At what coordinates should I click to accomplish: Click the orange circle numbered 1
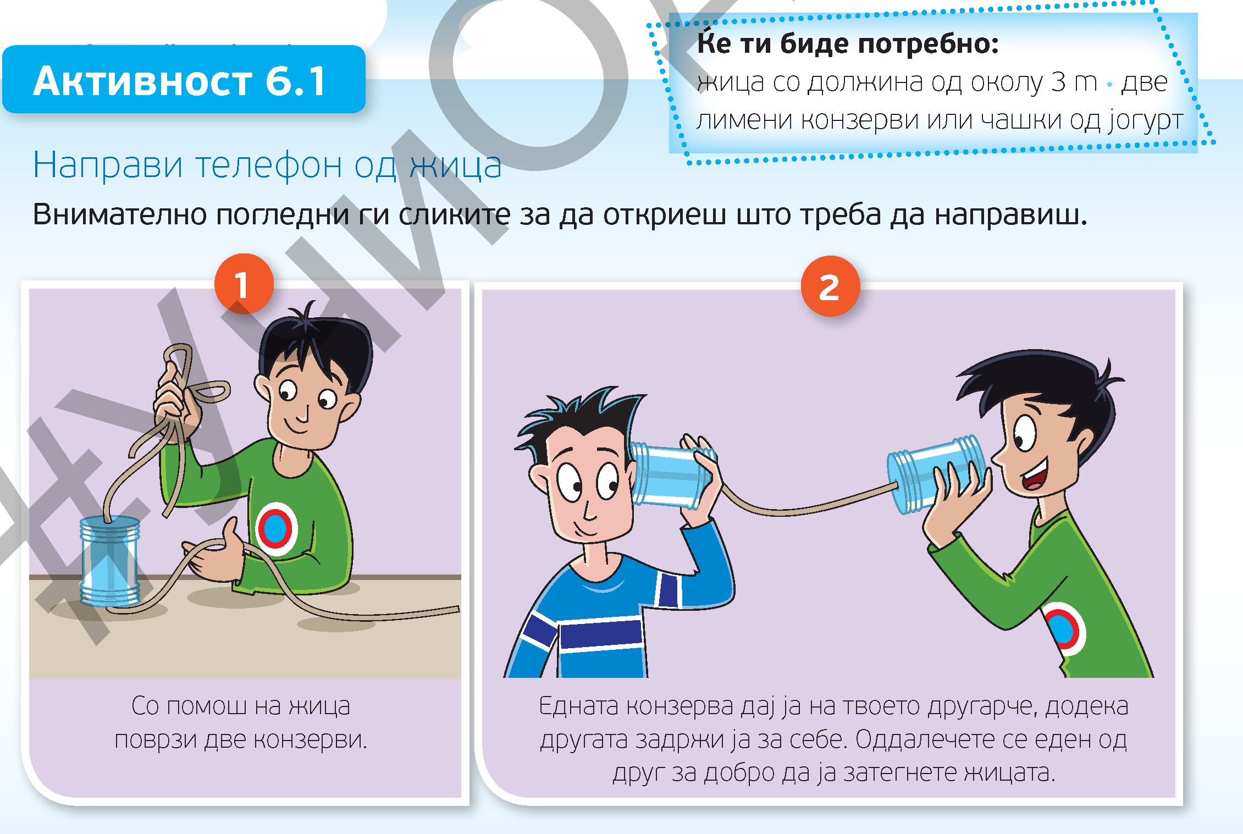[244, 284]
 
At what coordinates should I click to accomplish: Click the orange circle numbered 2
[830, 286]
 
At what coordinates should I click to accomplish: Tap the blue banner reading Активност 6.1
[184, 80]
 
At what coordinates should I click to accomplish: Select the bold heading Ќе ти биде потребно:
[848, 43]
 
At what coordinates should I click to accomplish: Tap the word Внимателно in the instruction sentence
[119, 214]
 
